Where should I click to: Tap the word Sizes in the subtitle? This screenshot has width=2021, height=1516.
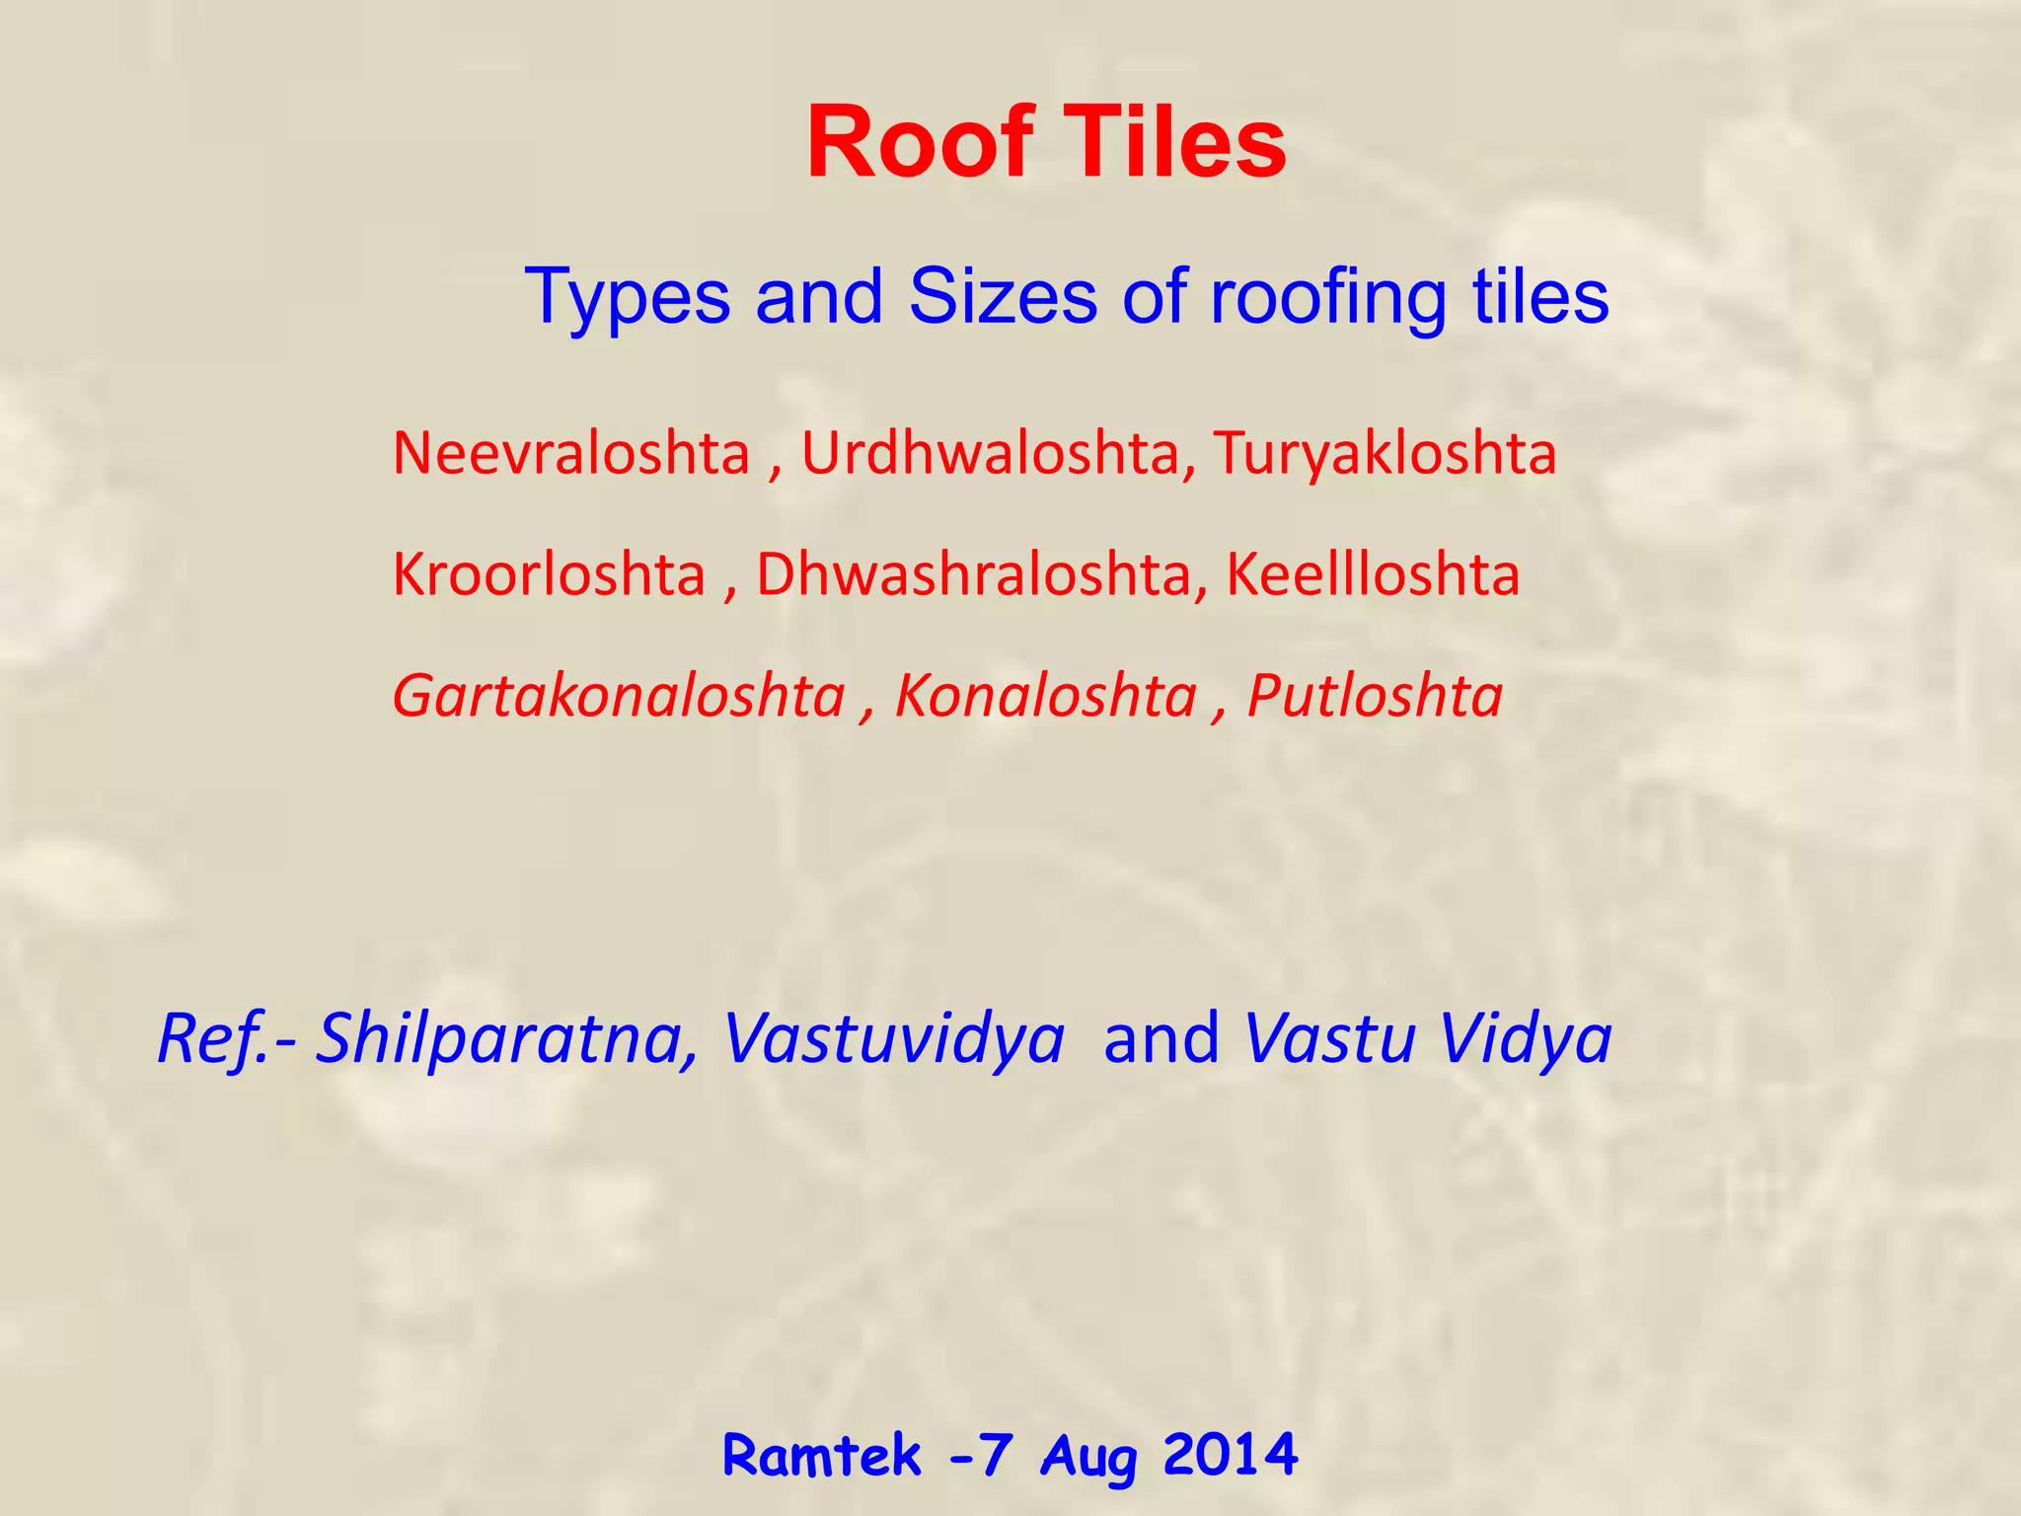pyautogui.click(x=1002, y=296)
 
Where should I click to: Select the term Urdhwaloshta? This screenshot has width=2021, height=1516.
pyautogui.click(x=990, y=454)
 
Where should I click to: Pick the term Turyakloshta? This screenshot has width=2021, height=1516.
pyautogui.click(x=1385, y=454)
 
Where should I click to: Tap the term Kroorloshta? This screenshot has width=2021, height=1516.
pyautogui.click(x=549, y=574)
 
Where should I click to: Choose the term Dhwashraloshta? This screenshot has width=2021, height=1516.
pyautogui.click(x=973, y=574)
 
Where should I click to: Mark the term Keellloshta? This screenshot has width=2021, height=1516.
pyautogui.click(x=1372, y=574)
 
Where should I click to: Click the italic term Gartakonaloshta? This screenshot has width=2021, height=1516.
pyautogui.click(x=619, y=696)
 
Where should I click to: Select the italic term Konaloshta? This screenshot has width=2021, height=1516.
pyautogui.click(x=1045, y=696)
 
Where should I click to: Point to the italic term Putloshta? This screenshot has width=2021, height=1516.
pyautogui.click(x=1375, y=696)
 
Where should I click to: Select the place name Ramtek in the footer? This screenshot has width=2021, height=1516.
pyautogui.click(x=821, y=1455)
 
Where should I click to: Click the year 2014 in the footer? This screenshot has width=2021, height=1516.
pyautogui.click(x=1230, y=1455)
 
